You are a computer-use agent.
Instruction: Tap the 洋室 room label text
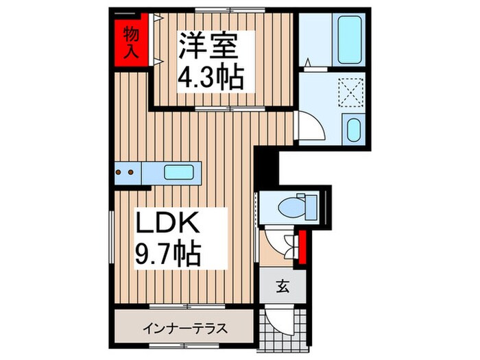click(x=208, y=47)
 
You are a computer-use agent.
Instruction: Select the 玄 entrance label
click(x=283, y=287)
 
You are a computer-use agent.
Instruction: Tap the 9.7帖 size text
click(x=167, y=255)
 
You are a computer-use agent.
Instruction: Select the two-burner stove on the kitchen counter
click(x=127, y=173)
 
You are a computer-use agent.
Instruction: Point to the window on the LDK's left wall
click(x=110, y=240)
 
